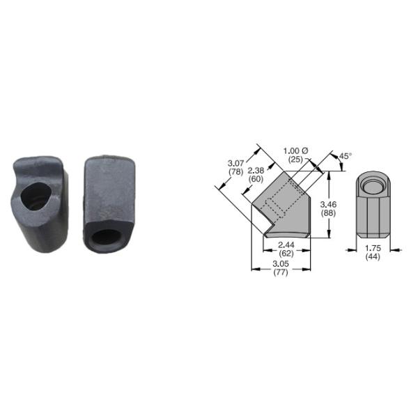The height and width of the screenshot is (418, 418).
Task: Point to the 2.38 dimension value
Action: tap(256, 170)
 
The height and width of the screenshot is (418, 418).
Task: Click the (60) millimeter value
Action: tap(256, 178)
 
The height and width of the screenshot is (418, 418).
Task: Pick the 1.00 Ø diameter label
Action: tap(295, 151)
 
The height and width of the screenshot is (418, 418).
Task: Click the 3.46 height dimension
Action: tap(328, 205)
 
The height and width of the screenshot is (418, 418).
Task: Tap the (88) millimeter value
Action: tap(328, 213)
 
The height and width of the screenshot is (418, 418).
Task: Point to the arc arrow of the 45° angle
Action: tap(333, 161)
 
